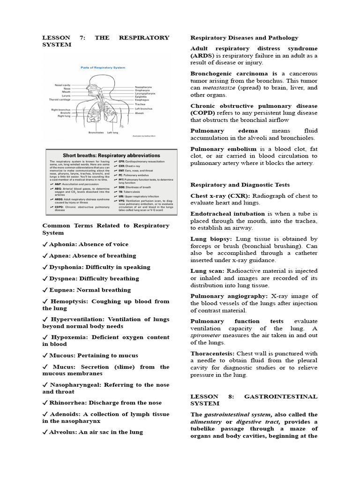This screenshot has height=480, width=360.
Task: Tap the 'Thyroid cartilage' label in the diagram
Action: (60, 99)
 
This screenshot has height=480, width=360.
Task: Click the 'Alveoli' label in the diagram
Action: (139, 113)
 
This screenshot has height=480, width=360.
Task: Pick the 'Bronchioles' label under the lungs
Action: (97, 132)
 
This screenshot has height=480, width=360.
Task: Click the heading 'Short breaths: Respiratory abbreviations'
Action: (111, 155)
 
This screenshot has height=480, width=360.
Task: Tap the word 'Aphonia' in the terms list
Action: (63, 244)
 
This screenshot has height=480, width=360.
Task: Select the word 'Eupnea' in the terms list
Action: (61, 290)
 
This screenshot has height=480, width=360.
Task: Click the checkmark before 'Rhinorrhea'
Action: (45, 403)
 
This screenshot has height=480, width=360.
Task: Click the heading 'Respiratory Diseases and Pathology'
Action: (244, 37)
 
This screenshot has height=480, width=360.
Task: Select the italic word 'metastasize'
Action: (225, 88)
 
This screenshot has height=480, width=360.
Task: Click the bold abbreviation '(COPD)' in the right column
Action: (202, 113)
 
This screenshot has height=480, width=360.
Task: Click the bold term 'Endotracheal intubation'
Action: (227, 214)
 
